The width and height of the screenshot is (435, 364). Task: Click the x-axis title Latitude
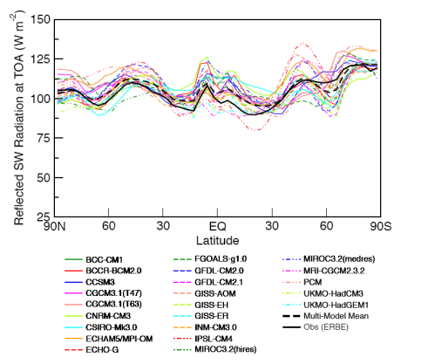tap(218, 238)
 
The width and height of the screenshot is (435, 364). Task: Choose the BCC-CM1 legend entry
tap(106, 259)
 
